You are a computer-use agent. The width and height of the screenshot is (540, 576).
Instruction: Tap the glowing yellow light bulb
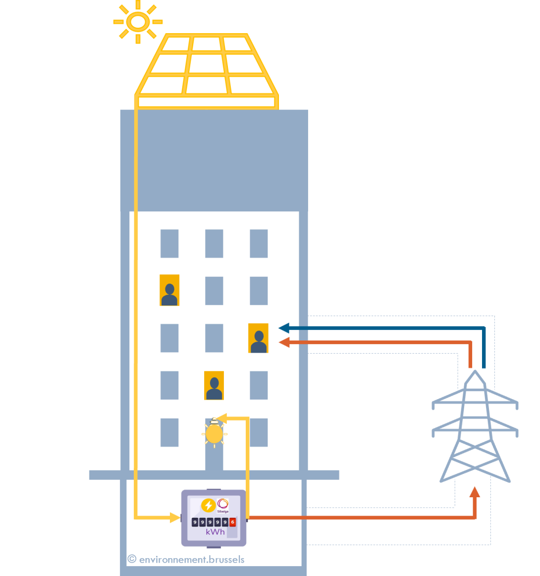pyautogui.click(x=214, y=434)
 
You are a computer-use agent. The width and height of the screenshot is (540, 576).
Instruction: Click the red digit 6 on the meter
pyautogui.click(x=232, y=522)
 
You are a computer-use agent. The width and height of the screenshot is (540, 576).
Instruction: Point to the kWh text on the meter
pyautogui.click(x=215, y=532)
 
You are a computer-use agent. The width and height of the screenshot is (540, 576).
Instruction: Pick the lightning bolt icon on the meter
pyautogui.click(x=208, y=505)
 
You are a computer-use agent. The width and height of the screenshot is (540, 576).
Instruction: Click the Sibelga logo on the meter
pyautogui.click(x=223, y=504)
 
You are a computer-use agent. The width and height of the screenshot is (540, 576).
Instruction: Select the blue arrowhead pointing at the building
pyautogui.click(x=283, y=328)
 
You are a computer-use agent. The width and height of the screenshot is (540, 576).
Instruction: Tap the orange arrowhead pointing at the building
pyautogui.click(x=283, y=342)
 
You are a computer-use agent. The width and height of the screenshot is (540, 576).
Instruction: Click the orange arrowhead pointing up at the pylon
pyautogui.click(x=475, y=492)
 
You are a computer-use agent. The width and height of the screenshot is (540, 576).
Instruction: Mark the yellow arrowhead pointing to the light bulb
pyautogui.click(x=221, y=419)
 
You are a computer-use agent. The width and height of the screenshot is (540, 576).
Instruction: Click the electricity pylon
pyautogui.click(x=475, y=431)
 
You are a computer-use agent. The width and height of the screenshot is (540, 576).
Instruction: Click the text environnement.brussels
pyautogui.click(x=192, y=560)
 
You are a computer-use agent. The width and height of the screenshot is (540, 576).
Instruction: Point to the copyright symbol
pyautogui.click(x=132, y=559)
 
